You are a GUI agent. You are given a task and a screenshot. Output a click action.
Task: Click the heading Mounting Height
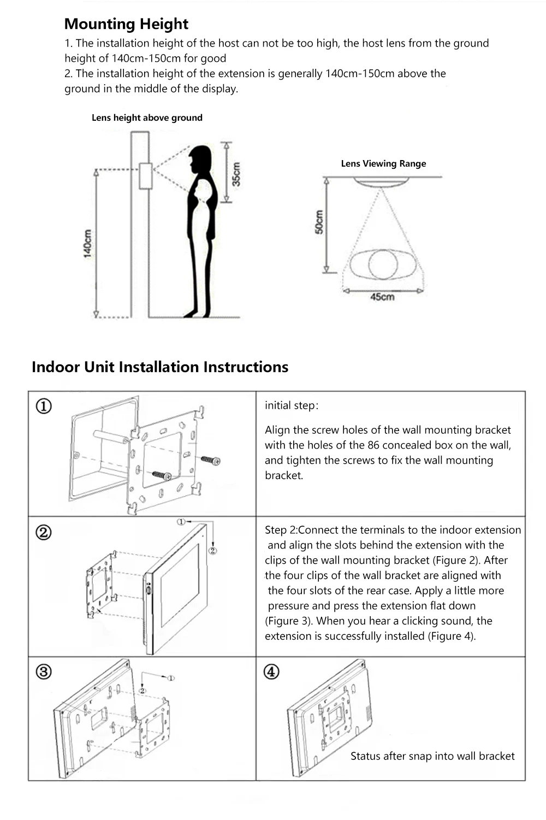pos(126,24)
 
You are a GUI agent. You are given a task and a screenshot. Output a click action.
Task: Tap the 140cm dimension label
pos(87,243)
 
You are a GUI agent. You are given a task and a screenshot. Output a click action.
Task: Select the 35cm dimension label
pos(236,174)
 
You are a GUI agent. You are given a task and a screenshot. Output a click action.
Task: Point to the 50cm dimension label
pos(320,222)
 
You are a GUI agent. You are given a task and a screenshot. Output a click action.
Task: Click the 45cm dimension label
pos(382,297)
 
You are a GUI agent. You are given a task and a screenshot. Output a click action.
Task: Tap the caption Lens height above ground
pos(147,117)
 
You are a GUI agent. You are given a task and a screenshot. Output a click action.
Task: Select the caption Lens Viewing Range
pos(383,163)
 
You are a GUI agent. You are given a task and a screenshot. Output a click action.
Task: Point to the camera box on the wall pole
pos(145,176)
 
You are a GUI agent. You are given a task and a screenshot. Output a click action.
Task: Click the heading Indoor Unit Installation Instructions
pos(160,367)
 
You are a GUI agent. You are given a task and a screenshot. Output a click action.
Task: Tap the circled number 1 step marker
pos(44,406)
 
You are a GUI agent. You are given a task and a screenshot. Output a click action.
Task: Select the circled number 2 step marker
pos(44,532)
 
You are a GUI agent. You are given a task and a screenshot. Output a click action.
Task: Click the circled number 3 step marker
pos(44,671)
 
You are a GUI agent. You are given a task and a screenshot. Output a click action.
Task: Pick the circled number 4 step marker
pos(271,671)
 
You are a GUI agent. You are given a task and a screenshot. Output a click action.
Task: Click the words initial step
pos(291,405)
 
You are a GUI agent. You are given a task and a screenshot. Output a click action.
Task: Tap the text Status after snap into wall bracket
pos(432,756)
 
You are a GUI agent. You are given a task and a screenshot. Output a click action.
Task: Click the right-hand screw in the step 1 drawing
pos(211,460)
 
